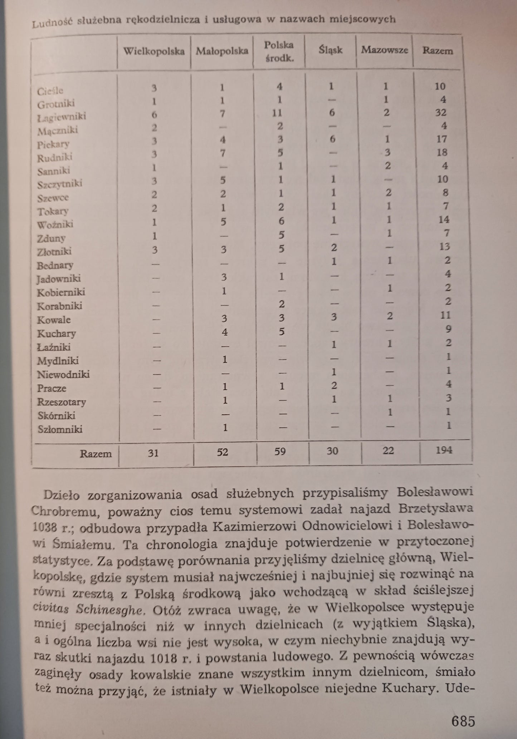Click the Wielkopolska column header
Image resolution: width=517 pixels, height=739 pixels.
click(x=154, y=51)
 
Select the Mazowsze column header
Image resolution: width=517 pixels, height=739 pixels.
click(x=384, y=50)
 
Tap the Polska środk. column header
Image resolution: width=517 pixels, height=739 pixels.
click(x=279, y=51)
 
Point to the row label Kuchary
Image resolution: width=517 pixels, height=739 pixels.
click(x=57, y=334)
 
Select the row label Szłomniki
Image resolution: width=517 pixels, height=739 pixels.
click(x=60, y=429)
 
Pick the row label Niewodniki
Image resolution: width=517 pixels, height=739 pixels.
click(x=63, y=374)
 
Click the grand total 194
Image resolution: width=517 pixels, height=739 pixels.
click(x=444, y=450)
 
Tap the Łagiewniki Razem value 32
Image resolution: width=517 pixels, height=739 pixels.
click(x=441, y=113)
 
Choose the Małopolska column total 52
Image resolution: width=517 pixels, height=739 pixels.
click(x=222, y=452)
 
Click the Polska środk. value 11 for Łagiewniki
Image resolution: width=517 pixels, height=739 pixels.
click(x=277, y=113)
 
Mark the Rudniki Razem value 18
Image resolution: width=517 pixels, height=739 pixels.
click(x=442, y=152)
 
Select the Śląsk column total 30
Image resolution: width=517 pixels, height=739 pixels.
click(x=332, y=451)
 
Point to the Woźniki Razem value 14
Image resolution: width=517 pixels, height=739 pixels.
click(x=443, y=219)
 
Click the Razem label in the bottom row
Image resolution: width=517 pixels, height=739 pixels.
click(x=96, y=454)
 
